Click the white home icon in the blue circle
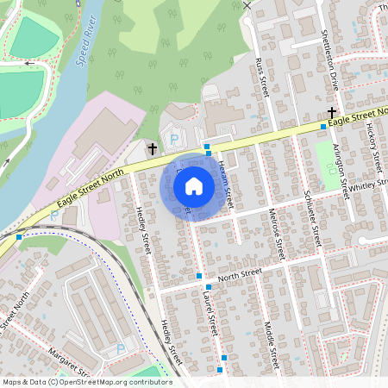pyautogui.click(x=194, y=185)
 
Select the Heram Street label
pyautogui.click(x=225, y=182)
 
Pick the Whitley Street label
pyautogui.click(x=369, y=191)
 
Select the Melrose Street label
pyautogui.click(x=277, y=234)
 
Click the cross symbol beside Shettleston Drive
pyautogui.click(x=331, y=112)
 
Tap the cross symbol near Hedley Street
pyautogui.click(x=153, y=148)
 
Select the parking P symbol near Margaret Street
pyautogui.click(x=121, y=348)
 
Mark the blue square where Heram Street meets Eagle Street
pyautogui.click(x=207, y=147)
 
